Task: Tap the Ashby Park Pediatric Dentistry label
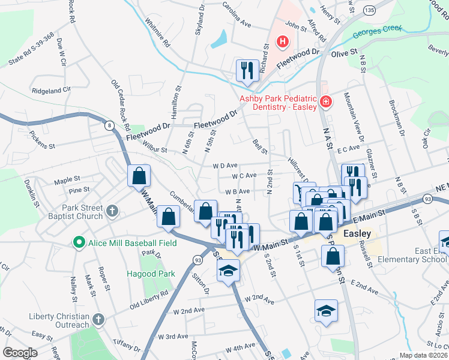[x=277, y=103]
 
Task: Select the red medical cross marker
[x=325, y=103]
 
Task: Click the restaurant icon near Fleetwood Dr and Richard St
[x=247, y=70]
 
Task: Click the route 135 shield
[x=370, y=11]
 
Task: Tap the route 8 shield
[x=109, y=125]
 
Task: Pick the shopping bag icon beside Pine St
[x=139, y=176]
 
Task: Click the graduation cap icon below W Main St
[x=228, y=271]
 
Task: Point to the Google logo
[x=20, y=353]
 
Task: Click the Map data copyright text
[x=423, y=355]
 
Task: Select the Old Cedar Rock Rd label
[x=121, y=105]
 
